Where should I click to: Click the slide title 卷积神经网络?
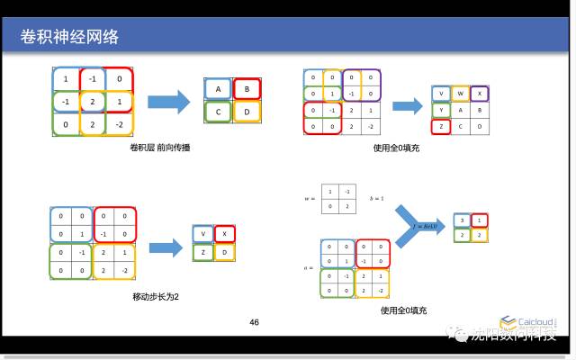pos(69,37)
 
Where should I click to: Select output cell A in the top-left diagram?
pos(218,89)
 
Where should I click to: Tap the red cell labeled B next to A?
pos(246,89)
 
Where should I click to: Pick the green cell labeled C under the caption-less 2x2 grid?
pos(218,112)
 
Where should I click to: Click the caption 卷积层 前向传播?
pos(160,147)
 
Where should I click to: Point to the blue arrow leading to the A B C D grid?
pos(169,100)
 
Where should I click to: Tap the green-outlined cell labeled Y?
pos(441,111)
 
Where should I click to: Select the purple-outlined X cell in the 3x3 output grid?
pos(481,94)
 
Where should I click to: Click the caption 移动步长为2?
pos(153,296)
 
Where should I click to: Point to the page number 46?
pos(254,322)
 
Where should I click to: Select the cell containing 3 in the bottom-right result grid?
pos(461,220)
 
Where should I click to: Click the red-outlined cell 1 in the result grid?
pos(481,220)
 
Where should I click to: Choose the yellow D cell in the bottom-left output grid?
pos(225,253)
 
